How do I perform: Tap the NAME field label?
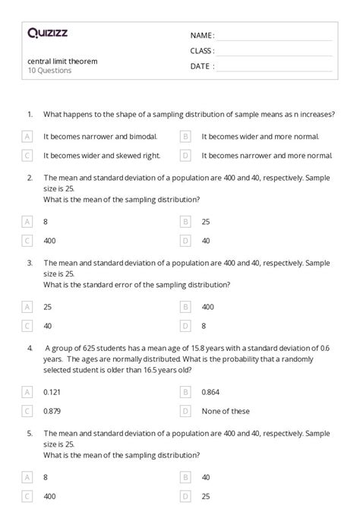tap(201, 35)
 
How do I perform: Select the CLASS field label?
tap(202, 51)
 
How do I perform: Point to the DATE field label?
tap(201, 66)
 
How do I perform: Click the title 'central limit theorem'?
tap(62, 61)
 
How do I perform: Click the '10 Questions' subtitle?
tap(49, 71)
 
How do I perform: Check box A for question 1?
tap(27, 137)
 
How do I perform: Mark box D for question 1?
tap(185, 155)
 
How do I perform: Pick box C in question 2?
tap(27, 241)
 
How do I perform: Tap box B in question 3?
tap(185, 307)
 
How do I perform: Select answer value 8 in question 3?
tap(204, 325)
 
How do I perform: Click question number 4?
tap(30, 348)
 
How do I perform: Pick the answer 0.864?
tap(210, 392)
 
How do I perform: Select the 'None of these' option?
tap(226, 411)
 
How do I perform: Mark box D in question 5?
tap(185, 496)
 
